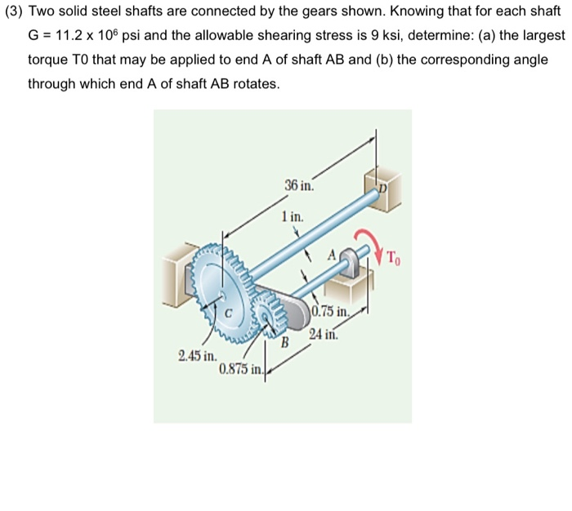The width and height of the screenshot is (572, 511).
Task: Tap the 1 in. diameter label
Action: pos(292,217)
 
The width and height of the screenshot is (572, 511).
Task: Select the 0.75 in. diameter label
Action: pos(332,311)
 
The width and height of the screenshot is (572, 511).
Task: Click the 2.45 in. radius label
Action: pos(197,356)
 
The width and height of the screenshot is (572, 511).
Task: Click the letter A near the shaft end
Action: pos(333,255)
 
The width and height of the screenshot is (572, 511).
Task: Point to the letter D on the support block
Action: pos(382,188)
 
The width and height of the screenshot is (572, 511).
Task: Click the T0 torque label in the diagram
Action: pos(395,260)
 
